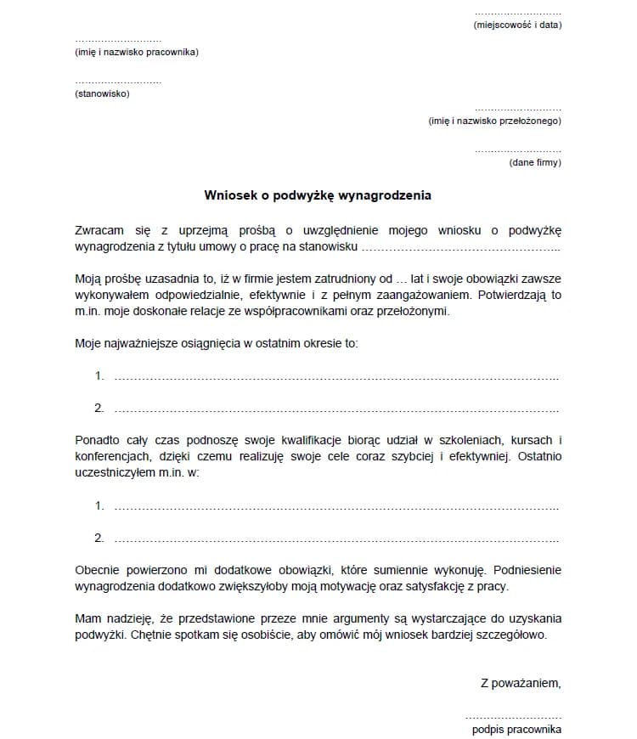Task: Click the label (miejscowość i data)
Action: [x=517, y=25]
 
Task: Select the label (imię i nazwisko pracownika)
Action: [x=137, y=53]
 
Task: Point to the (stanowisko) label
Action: [x=102, y=93]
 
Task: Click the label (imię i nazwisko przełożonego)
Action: [x=494, y=121]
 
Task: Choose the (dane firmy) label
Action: [x=535, y=162]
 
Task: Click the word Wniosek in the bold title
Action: [x=230, y=195]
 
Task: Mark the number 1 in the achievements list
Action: [x=99, y=375]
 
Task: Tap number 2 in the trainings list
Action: [x=99, y=538]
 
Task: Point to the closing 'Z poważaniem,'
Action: [x=521, y=682]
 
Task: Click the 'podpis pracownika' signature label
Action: [x=516, y=729]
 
